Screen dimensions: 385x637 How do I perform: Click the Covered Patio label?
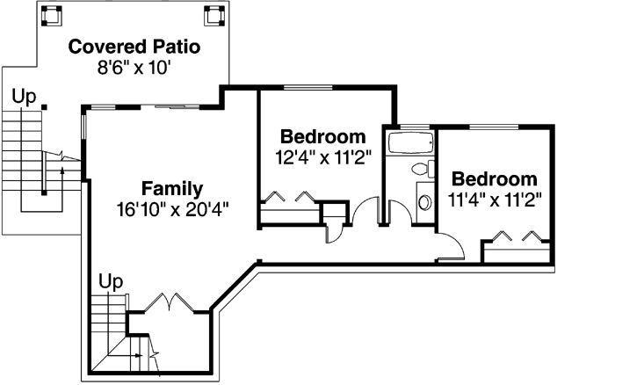click(x=134, y=47)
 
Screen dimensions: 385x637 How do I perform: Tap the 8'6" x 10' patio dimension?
click(x=134, y=67)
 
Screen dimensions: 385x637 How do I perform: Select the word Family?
click(x=172, y=188)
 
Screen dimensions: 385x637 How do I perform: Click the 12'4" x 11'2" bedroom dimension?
click(x=322, y=157)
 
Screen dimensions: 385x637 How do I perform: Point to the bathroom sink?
click(x=423, y=202)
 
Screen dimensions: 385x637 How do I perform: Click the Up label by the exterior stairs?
click(x=22, y=93)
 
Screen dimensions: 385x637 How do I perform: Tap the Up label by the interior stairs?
click(x=110, y=281)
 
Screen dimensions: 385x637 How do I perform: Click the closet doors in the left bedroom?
click(x=291, y=198)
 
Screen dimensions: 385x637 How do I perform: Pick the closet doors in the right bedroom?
click(x=518, y=236)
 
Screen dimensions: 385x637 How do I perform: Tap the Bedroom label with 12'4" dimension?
click(x=322, y=137)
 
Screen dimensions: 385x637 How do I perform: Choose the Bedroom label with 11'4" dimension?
click(x=494, y=178)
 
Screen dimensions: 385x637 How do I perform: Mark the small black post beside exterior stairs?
click(x=44, y=107)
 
